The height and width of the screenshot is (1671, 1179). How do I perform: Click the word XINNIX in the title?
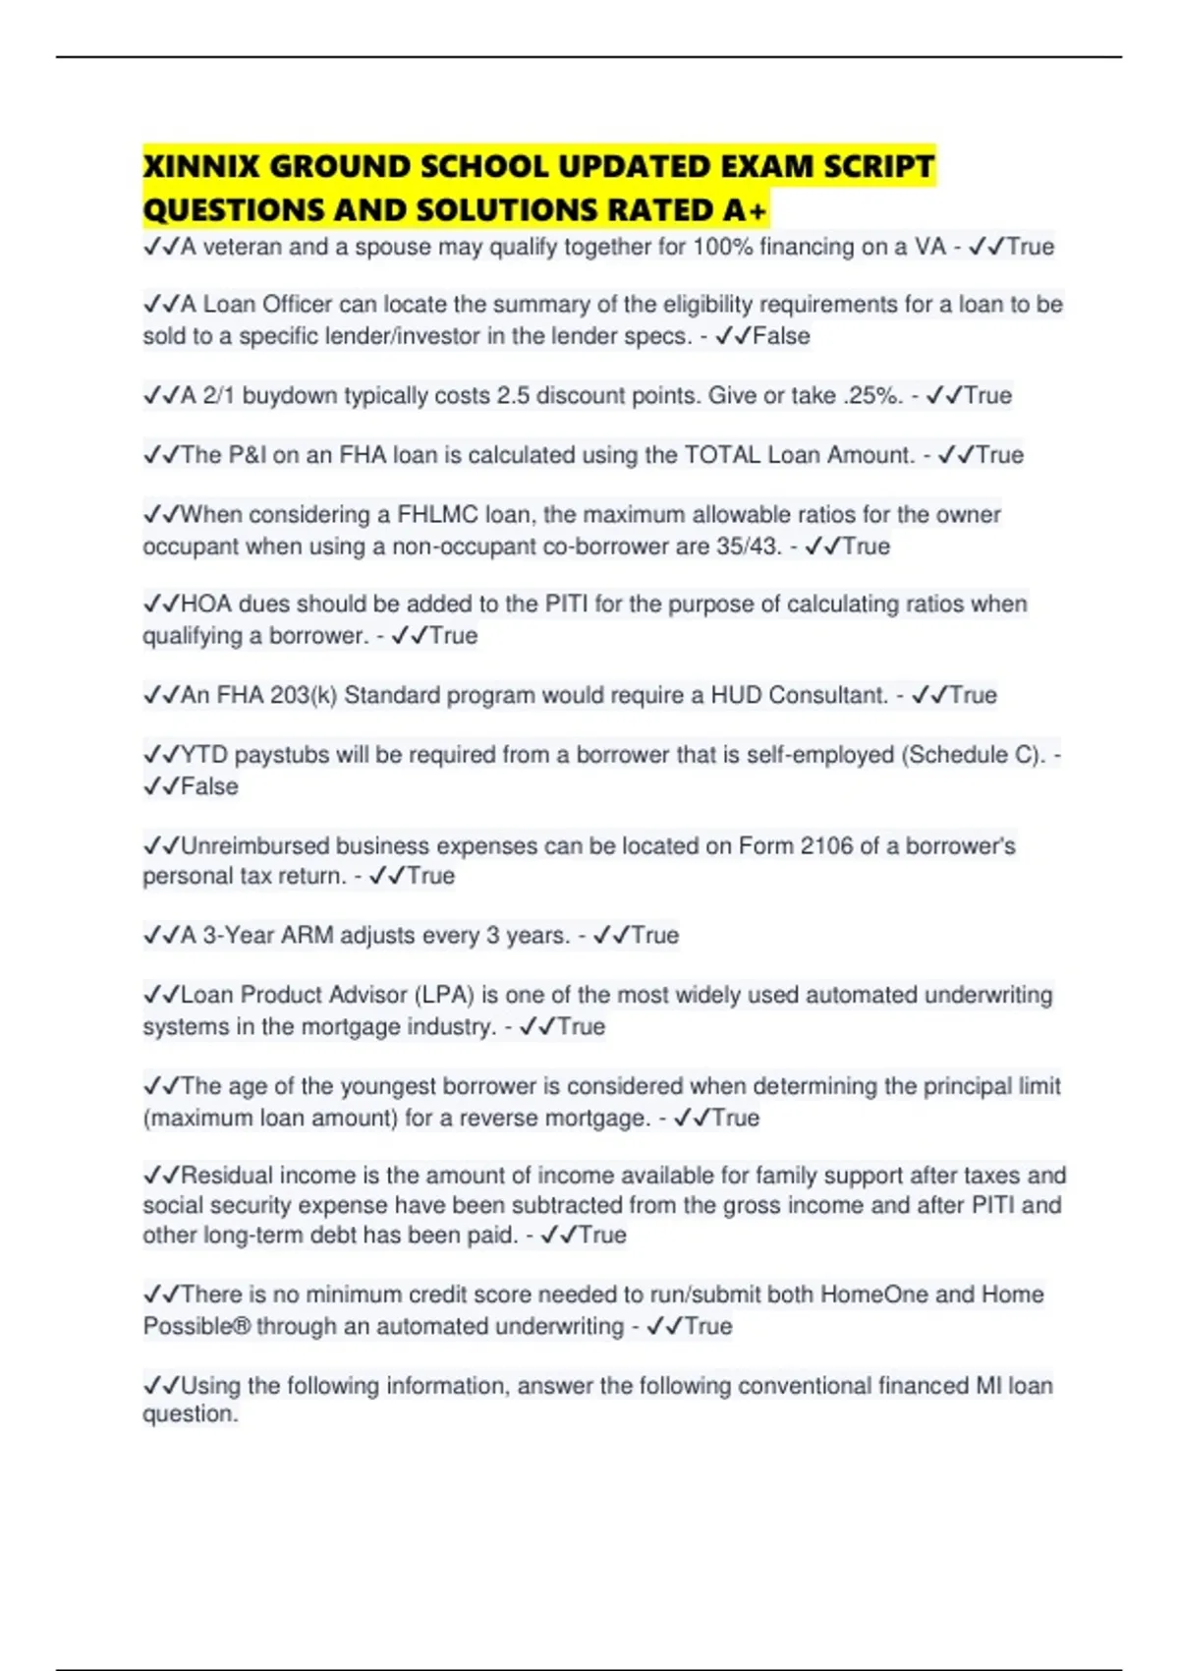(201, 166)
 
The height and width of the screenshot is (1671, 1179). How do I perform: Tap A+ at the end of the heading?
(745, 210)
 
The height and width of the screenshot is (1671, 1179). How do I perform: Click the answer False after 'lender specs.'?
(781, 336)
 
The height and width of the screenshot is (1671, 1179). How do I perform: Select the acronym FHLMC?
(437, 514)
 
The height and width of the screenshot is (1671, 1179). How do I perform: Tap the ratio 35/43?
(749, 547)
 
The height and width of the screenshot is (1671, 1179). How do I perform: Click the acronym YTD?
(204, 755)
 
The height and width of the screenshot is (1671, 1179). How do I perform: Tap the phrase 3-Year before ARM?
(239, 935)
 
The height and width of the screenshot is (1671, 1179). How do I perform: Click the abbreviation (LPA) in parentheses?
(443, 995)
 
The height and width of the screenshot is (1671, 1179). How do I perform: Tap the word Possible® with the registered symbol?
(196, 1326)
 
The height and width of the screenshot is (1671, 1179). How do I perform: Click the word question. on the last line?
(191, 1414)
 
